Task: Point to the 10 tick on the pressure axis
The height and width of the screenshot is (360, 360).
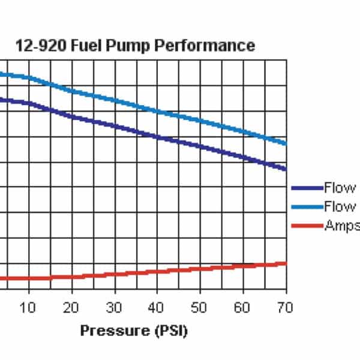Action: pos(29,308)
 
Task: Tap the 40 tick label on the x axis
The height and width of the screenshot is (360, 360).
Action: pos(157,308)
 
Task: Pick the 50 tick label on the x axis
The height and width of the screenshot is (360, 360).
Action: pos(200,308)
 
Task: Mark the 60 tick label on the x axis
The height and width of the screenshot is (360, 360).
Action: pos(243,308)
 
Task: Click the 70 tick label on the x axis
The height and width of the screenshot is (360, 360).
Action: pos(285,308)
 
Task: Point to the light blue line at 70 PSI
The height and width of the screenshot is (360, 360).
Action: pos(286,144)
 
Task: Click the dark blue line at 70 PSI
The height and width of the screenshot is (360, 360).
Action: pos(286,169)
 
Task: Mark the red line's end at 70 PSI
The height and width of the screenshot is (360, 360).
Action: pos(286,263)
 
